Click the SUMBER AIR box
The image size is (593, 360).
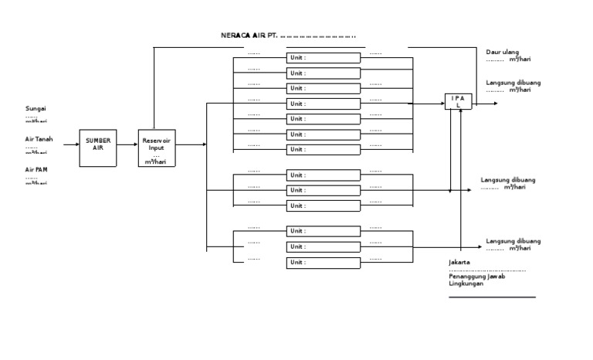(98, 144)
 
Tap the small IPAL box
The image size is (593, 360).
(457, 101)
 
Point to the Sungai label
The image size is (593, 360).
(36, 109)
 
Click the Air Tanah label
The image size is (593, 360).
(39, 139)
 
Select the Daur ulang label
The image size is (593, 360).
(503, 53)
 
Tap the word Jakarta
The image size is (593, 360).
(459, 263)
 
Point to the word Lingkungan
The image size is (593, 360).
(466, 284)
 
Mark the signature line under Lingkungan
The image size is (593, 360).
(492, 297)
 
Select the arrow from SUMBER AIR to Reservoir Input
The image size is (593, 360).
(127, 144)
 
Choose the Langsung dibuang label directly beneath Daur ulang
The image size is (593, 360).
(513, 83)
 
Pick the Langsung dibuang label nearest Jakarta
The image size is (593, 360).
(513, 241)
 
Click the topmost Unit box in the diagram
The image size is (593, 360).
(324, 58)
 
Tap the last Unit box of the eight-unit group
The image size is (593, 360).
(324, 149)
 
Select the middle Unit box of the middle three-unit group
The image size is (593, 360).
(324, 190)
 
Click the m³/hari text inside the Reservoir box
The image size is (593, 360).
(156, 162)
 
